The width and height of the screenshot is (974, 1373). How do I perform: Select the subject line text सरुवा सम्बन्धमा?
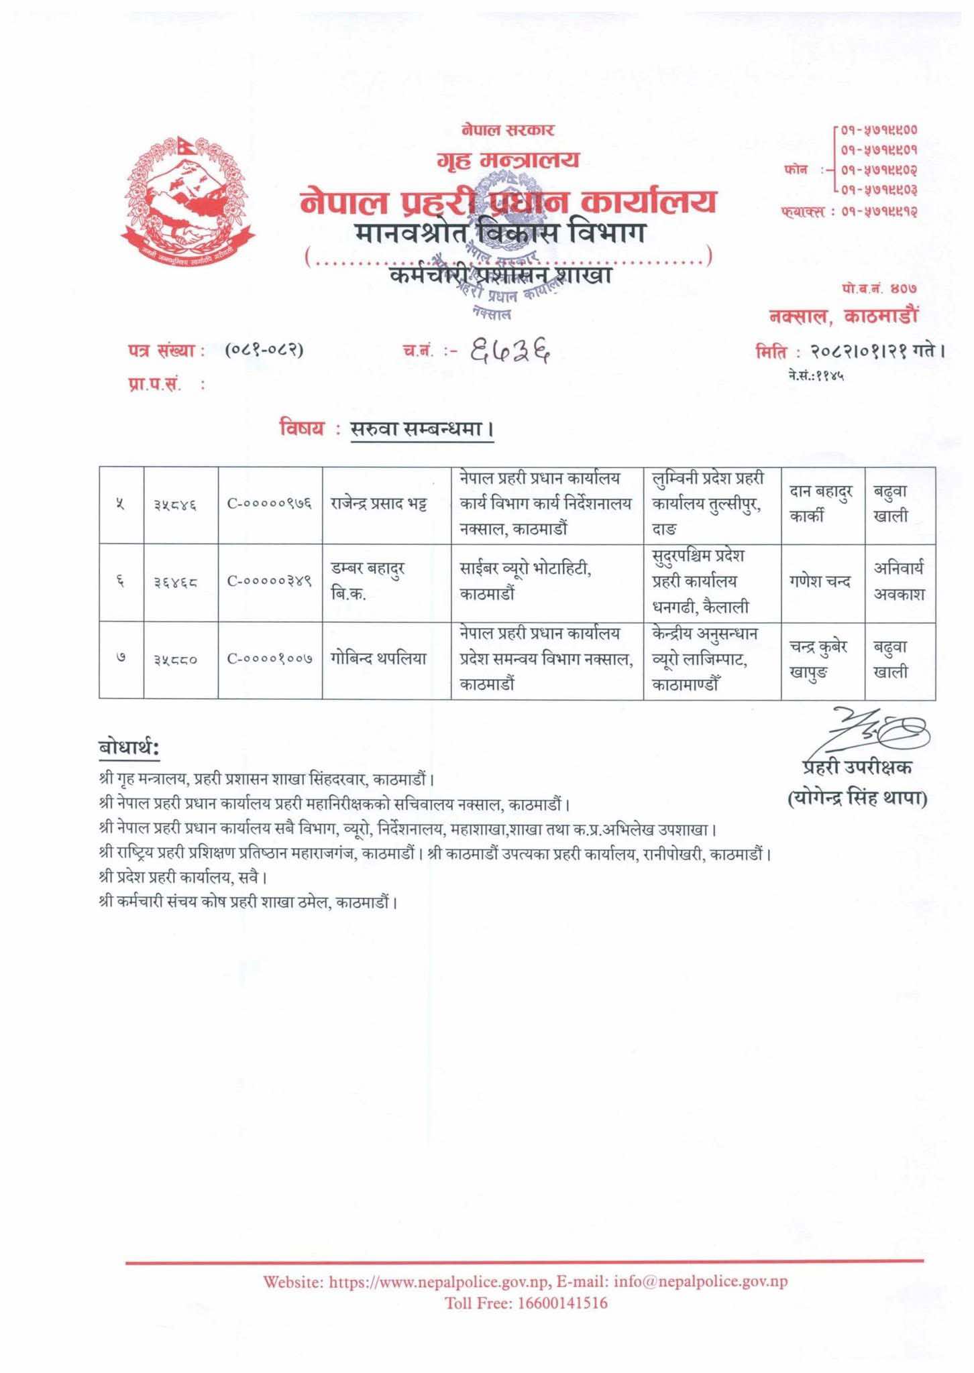(422, 429)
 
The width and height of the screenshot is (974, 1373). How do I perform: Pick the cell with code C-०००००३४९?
(270, 582)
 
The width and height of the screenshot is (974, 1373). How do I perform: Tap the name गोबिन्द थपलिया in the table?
(378, 659)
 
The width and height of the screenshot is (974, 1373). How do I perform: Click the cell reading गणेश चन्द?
(820, 582)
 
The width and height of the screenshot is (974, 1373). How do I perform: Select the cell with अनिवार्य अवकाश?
(899, 581)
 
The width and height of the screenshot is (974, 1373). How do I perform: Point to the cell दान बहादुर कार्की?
(820, 505)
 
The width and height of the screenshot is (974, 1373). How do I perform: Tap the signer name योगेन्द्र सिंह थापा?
(857, 798)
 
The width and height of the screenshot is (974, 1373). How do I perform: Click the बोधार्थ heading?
(129, 749)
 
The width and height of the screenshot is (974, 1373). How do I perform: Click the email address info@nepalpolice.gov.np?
(700, 1282)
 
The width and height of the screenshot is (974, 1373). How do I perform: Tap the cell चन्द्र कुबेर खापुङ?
(820, 659)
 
